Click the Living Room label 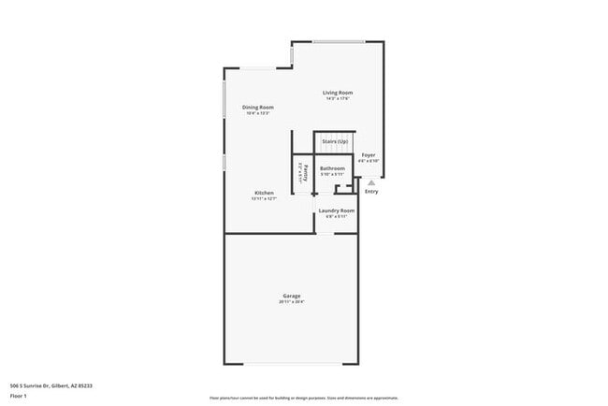coord(338,93)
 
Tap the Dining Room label coord(258,108)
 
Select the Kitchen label coord(264,193)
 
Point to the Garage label coord(292,296)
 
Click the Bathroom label coord(332,168)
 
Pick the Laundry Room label coord(336,210)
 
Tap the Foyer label coord(369,154)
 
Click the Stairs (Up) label coord(335,141)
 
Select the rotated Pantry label coord(301,173)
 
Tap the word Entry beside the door coord(371,192)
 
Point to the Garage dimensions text coord(292,302)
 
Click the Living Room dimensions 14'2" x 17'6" coord(338,99)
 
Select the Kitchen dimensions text coord(264,199)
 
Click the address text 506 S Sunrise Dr coord(51,385)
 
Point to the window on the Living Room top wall coord(338,41)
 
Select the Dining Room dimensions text coord(258,114)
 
